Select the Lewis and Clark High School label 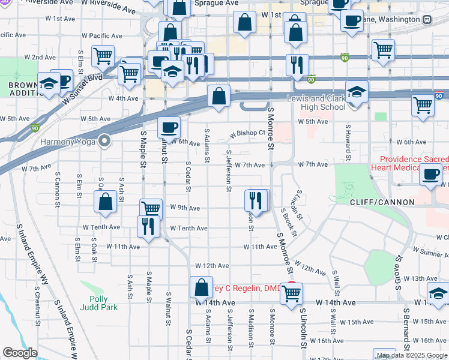(x=316, y=103)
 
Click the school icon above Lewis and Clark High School (x=357, y=93)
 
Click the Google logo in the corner (x=20, y=353)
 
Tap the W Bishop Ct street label (x=246, y=133)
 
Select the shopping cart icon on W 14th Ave (x=291, y=294)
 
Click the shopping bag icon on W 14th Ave (x=201, y=288)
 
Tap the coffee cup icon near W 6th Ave (x=169, y=127)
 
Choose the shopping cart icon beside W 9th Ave (x=151, y=209)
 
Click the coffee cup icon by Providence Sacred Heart (x=430, y=175)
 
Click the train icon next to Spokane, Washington (x=427, y=19)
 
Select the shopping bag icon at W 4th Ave (x=219, y=96)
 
